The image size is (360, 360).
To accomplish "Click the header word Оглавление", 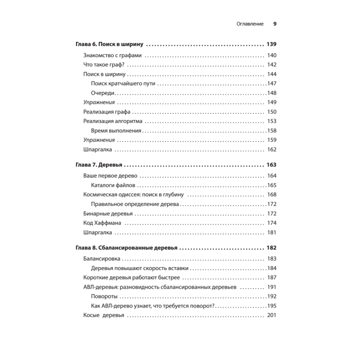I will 250,24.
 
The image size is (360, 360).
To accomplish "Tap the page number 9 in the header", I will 274,24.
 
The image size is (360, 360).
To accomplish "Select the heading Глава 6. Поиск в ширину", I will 109,45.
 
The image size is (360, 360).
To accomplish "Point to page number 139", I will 271,45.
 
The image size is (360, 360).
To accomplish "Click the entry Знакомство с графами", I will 112,55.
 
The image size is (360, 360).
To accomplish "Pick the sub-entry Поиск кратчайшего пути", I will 123,84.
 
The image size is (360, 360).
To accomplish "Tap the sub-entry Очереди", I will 103,93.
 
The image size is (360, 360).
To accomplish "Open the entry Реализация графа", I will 107,112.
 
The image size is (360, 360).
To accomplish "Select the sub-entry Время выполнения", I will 116,131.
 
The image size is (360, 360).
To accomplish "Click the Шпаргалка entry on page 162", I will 98,149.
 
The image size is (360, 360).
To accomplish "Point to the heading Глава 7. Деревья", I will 98,165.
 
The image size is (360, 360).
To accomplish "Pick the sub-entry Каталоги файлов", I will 113,185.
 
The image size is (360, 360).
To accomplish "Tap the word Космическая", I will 99,195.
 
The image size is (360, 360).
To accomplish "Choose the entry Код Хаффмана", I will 102,223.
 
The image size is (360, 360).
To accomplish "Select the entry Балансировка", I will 102,259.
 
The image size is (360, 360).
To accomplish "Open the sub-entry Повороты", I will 104,297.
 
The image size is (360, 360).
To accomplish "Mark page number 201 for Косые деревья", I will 271,315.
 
